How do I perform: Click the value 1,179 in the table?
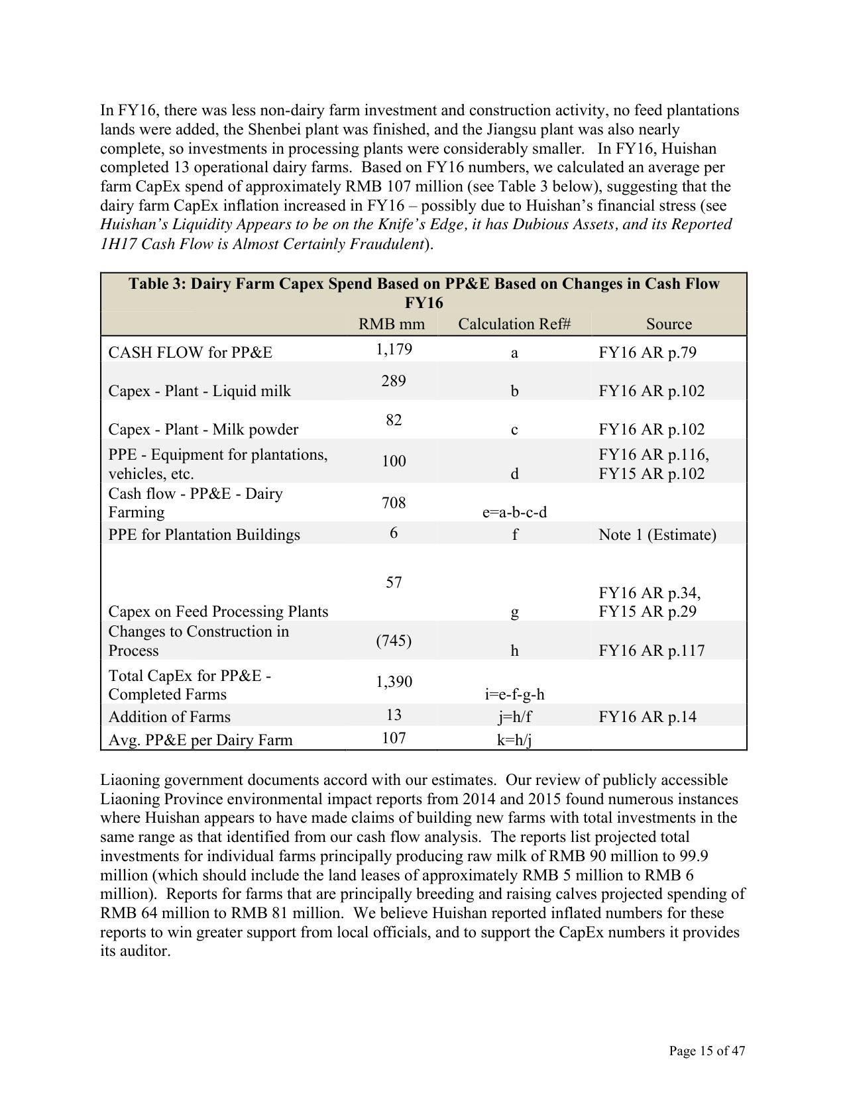coord(394,349)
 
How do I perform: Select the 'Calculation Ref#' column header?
coord(514,324)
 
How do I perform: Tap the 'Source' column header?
coord(669,324)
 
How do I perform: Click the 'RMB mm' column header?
coord(392,324)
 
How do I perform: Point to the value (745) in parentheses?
coord(394,641)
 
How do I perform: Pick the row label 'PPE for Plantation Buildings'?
coord(204,535)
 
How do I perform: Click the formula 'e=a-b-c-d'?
coord(514,512)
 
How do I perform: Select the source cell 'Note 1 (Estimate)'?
coord(657,535)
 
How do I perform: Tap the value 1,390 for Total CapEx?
coord(394,682)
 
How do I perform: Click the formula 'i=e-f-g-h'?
coord(514,694)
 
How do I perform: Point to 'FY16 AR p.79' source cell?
coord(648,352)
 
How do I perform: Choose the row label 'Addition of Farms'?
coord(170,717)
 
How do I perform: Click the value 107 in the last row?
coord(394,738)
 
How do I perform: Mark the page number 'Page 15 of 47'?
coord(707,1051)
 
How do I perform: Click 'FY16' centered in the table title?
coord(423,303)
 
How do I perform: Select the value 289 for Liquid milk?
coord(394,381)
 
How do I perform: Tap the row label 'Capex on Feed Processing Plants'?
coord(218,611)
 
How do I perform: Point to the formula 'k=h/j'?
coord(514,740)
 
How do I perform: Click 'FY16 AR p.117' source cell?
coord(651,651)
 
